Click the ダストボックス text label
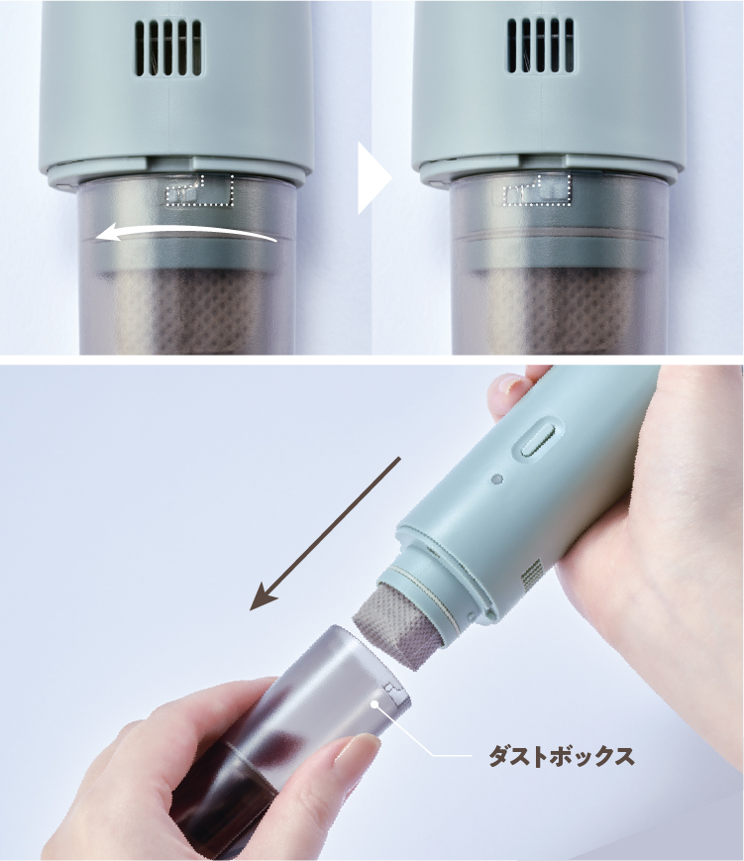[561, 756]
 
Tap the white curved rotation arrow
[185, 233]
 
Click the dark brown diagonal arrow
[325, 534]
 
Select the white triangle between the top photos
[373, 178]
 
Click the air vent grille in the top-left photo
[168, 48]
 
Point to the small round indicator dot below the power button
[497, 480]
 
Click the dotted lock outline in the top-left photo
[200, 191]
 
